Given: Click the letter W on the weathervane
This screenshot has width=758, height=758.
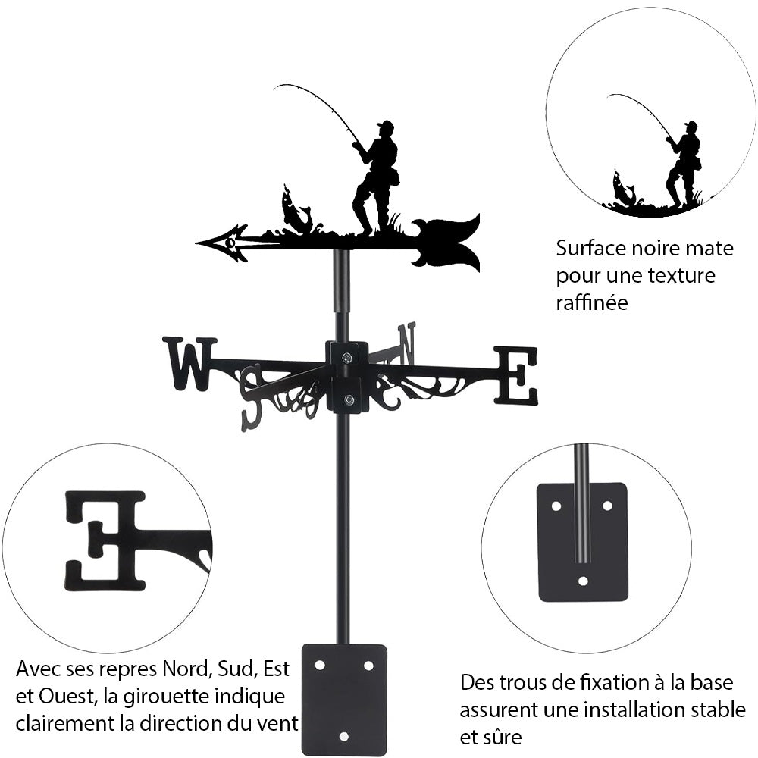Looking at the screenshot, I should (x=189, y=364).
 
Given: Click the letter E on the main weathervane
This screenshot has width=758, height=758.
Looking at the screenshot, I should (x=516, y=375).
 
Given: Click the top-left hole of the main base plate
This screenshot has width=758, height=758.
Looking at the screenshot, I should (x=320, y=665).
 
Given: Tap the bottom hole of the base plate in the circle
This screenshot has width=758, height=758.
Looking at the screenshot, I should (x=582, y=581).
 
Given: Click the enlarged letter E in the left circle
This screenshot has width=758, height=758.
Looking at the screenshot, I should (x=106, y=540).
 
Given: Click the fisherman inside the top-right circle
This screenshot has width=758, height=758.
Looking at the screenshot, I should (x=685, y=163).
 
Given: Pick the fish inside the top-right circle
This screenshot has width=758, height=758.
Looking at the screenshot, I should (x=625, y=189).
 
